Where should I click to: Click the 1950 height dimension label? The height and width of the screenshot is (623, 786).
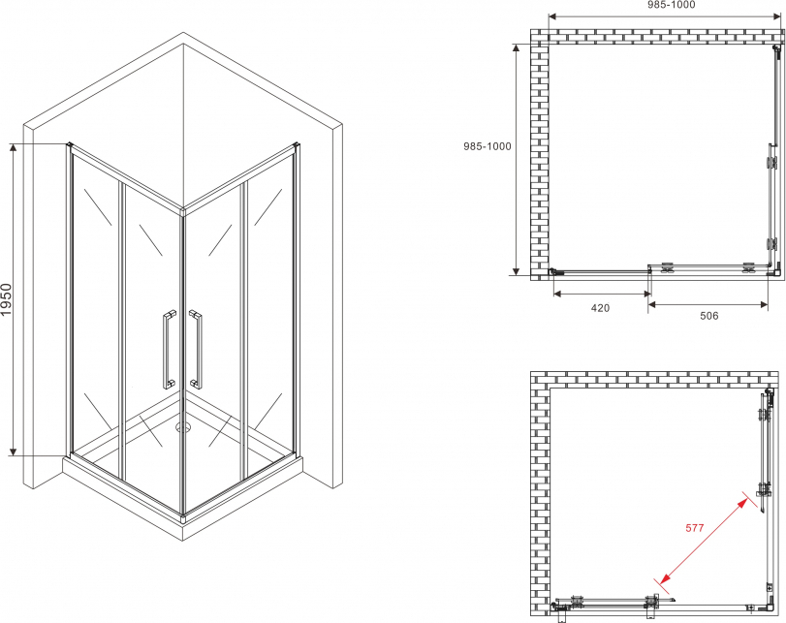click(6, 299)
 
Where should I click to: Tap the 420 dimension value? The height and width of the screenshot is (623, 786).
click(600, 308)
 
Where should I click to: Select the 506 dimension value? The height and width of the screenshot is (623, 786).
click(708, 316)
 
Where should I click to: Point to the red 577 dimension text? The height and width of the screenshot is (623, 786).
click(695, 528)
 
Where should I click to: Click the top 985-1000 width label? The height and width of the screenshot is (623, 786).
click(672, 5)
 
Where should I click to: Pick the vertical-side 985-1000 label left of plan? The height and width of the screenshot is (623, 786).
click(487, 146)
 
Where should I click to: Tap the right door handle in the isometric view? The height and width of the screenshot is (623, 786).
click(196, 350)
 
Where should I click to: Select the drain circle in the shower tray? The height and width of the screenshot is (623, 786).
click(183, 427)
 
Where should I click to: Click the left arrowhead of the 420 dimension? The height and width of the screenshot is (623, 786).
click(557, 294)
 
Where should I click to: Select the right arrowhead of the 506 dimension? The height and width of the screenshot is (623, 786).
click(764, 303)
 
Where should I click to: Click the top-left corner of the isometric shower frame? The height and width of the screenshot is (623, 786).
click(69, 144)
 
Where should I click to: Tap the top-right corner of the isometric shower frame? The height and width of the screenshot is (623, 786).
click(298, 145)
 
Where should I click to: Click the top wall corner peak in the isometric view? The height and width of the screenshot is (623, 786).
click(183, 33)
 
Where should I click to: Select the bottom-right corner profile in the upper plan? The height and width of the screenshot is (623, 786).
click(774, 270)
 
